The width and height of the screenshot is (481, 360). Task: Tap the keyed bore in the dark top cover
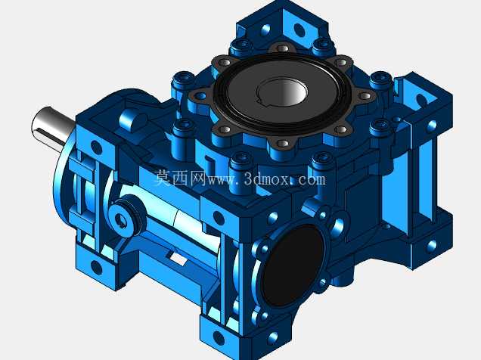point(282,92)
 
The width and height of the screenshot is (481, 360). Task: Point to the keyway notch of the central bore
point(262,100)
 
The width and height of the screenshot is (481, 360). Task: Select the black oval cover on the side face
point(293,265)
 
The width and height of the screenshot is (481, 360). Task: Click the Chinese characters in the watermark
point(180,178)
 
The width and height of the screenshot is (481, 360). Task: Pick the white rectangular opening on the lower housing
point(178,259)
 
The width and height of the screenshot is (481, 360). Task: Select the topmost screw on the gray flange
point(283,48)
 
